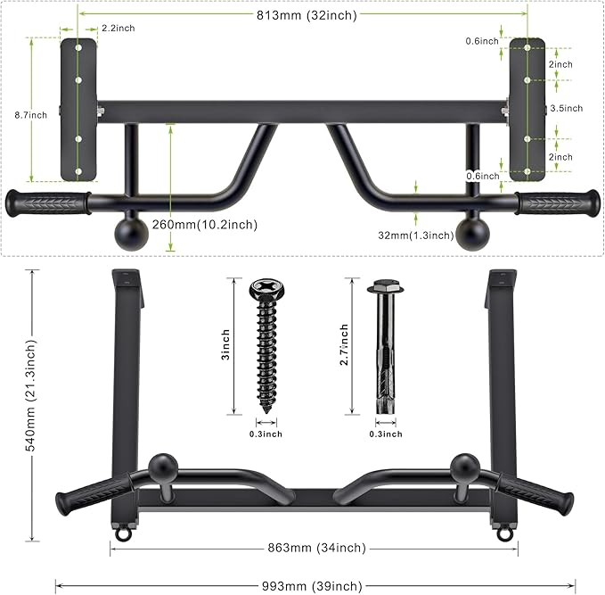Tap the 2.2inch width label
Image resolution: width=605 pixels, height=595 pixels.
pyautogui.click(x=118, y=29)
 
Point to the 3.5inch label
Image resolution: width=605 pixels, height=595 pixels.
pyautogui.click(x=566, y=108)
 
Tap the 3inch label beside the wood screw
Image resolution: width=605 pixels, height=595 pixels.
pyautogui.click(x=225, y=346)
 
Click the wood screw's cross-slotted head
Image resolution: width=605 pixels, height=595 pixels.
pyautogui.click(x=266, y=287)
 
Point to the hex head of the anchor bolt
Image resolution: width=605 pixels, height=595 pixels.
pyautogui.click(x=383, y=287)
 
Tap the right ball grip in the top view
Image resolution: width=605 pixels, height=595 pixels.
pyautogui.click(x=472, y=232)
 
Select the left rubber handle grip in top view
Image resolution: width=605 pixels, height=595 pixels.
pyautogui.click(x=48, y=202)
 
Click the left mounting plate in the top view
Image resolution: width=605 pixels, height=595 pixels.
pyautogui.click(x=78, y=109)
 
